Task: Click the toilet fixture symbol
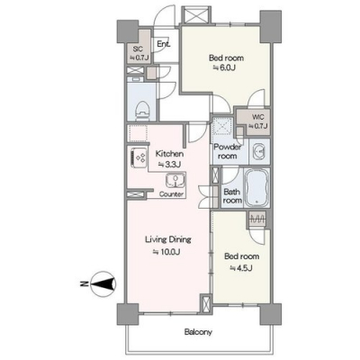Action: tap(142, 110)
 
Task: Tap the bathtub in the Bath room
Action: tap(256, 188)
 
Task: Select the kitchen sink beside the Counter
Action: tap(175, 181)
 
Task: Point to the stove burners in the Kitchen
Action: tap(139, 157)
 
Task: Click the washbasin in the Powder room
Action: tap(259, 151)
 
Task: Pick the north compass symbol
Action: tap(103, 283)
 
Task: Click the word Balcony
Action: tap(198, 332)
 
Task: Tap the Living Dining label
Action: tap(168, 239)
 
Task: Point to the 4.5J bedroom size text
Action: tap(241, 267)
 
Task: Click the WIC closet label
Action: tap(256, 117)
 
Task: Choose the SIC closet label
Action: tap(138, 49)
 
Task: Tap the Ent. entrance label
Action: tap(164, 44)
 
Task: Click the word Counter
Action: tap(171, 194)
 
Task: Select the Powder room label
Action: tap(228, 151)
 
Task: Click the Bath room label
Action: tap(232, 195)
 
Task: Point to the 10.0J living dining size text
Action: tap(166, 251)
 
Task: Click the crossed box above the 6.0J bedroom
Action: tap(195, 15)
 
